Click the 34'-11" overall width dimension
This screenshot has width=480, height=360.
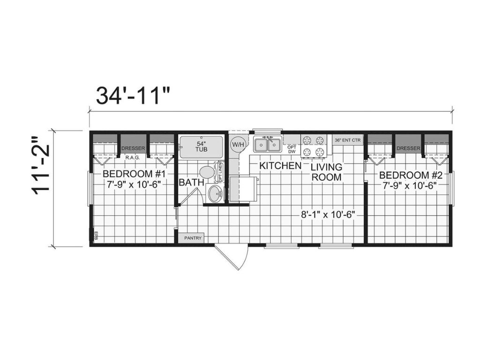pos(133,95)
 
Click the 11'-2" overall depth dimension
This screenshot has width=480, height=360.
pos(41,164)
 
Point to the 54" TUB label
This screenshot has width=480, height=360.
pos(201,146)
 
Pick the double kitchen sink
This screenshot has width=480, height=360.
pos(267,144)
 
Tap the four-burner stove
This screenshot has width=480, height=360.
pos(314,145)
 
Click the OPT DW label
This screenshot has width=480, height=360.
pos(292,149)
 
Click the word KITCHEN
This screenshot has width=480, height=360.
pos(280,166)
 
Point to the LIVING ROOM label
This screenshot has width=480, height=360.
pos(327,172)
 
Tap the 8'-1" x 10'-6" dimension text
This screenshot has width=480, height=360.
pos(328,215)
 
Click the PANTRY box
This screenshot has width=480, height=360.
pos(192,238)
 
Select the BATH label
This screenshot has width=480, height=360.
pos(191,182)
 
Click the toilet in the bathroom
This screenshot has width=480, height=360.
pos(206,172)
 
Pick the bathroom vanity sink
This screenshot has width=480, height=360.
pos(215,194)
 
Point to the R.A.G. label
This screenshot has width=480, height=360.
pos(133,157)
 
